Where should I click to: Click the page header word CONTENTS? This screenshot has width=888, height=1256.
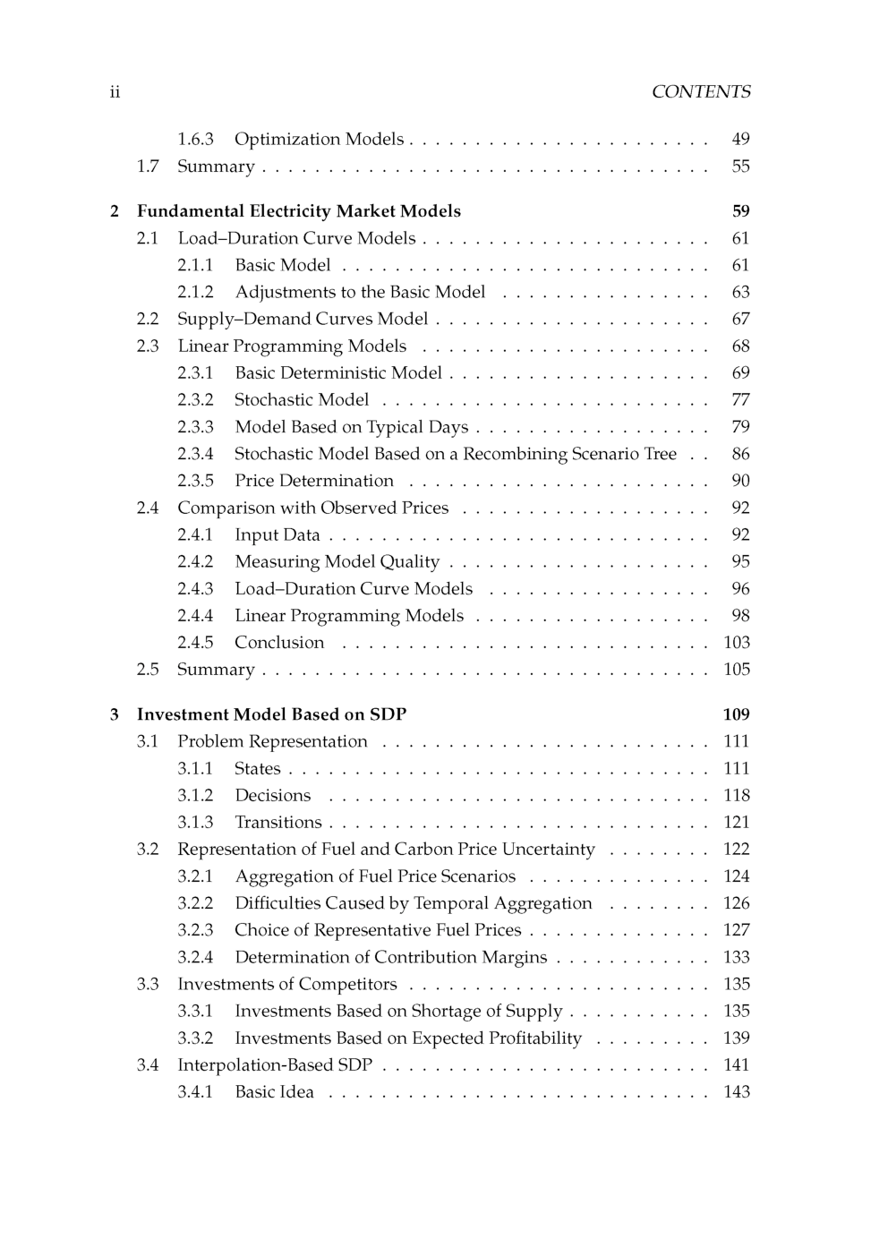(701, 92)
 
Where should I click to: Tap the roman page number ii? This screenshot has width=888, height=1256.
(115, 92)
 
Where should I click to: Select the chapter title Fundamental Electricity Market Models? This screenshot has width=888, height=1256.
(298, 211)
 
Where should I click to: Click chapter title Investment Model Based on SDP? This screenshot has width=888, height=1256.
(271, 714)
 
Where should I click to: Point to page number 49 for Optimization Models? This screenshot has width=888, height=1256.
(740, 140)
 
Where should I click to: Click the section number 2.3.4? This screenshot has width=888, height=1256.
(195, 454)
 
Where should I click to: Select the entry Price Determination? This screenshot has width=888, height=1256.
(313, 481)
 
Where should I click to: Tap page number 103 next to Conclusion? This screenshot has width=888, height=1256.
(737, 643)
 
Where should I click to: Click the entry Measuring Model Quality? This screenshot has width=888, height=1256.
(337, 562)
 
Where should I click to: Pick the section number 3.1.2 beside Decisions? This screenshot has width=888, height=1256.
(195, 796)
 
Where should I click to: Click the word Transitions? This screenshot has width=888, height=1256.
(277, 823)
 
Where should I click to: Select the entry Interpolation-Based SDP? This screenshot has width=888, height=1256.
(275, 1065)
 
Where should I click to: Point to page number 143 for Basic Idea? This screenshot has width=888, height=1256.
(737, 1092)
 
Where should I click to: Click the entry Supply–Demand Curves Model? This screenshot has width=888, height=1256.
(303, 320)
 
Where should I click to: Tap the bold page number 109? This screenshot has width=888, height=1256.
(736, 714)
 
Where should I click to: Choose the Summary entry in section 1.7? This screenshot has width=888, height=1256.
(216, 167)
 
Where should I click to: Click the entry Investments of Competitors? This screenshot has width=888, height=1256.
(286, 985)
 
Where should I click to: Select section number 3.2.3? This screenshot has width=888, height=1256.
(195, 930)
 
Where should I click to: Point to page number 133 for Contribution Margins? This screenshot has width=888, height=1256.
(737, 958)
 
